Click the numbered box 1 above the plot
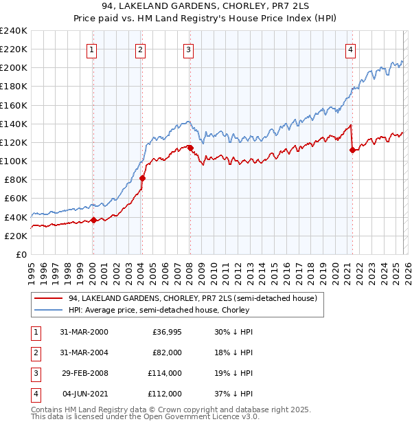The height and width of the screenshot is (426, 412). click(x=91, y=49)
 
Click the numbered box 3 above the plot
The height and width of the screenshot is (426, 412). click(x=188, y=49)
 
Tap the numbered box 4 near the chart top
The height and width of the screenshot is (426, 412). click(x=350, y=49)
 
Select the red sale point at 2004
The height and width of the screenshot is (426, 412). click(x=142, y=178)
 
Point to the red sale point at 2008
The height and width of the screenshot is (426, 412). click(x=190, y=148)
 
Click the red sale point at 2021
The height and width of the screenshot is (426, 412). click(x=352, y=150)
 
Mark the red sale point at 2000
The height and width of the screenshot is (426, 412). click(x=93, y=220)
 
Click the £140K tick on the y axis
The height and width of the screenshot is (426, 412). click(x=13, y=124)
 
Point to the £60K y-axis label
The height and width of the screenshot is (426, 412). click(x=15, y=199)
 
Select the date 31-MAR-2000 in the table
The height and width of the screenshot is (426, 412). click(x=85, y=331)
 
